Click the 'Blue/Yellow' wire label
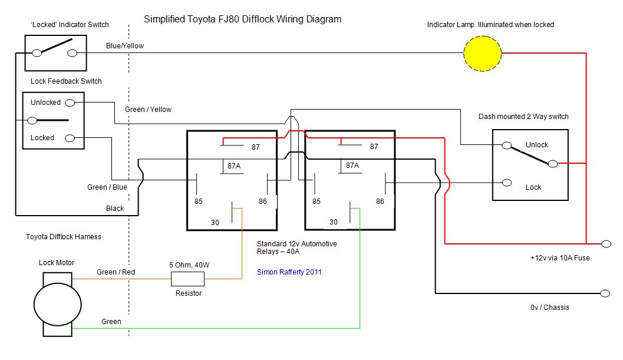pyautogui.click(x=124, y=45)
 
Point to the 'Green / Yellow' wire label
pyautogui.click(x=148, y=110)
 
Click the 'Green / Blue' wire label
pyautogui.click(x=107, y=187)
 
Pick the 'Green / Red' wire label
pyautogui.click(x=116, y=272)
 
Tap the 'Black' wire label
pyautogui.click(x=115, y=209)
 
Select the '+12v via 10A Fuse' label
pyautogui.click(x=559, y=257)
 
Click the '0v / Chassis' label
pyautogui.click(x=549, y=307)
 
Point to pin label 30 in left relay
pyautogui.click(x=216, y=222)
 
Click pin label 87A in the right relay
pyautogui.click(x=352, y=166)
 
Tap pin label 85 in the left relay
pyautogui.click(x=199, y=202)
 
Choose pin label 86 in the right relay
pyautogui.click(x=380, y=202)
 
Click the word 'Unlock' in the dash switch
pyautogui.click(x=536, y=145)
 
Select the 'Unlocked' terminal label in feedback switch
pyautogui.click(x=45, y=103)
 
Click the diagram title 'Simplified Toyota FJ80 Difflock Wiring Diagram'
pyautogui.click(x=243, y=19)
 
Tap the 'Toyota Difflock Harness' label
pyautogui.click(x=64, y=237)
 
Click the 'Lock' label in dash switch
pyautogui.click(x=533, y=187)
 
